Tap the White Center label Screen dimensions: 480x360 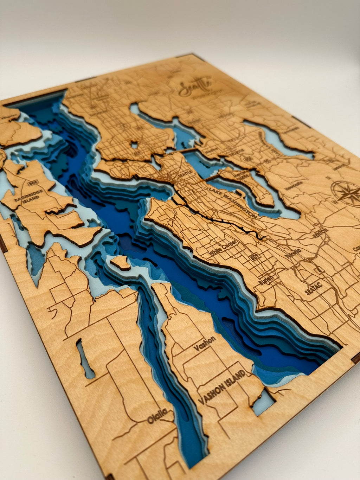(x=223, y=248)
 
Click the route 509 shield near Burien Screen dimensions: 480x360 (x=254, y=258)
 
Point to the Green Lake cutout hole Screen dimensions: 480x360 (x=134, y=144)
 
